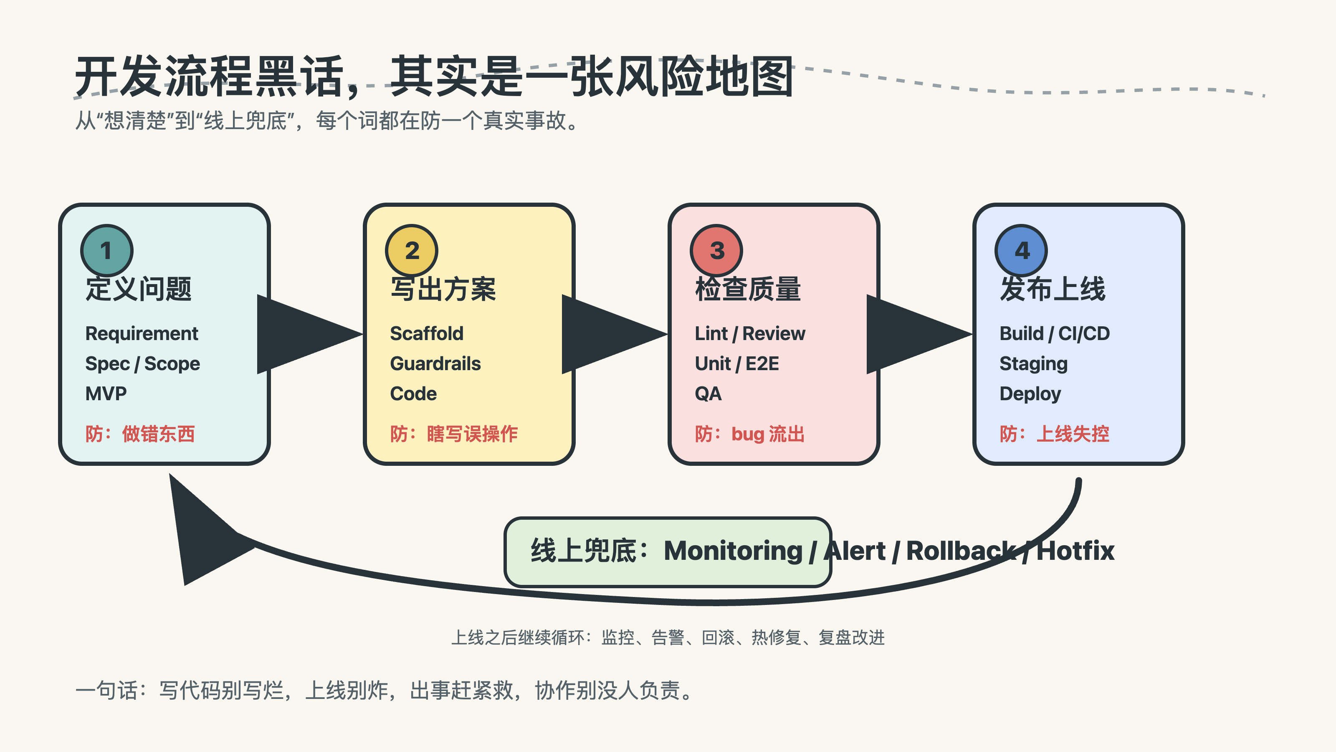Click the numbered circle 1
(107, 251)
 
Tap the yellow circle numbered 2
(412, 251)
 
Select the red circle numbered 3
(716, 251)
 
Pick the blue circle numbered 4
(1021, 251)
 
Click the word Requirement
(142, 334)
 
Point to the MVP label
(106, 394)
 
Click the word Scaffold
(426, 334)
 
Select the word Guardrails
(435, 364)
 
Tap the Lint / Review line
(749, 334)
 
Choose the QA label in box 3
(708, 394)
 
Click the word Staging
(1033, 364)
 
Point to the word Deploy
(1030, 394)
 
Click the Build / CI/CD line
(1054, 334)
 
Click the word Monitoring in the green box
(733, 551)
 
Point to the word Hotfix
(1075, 551)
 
